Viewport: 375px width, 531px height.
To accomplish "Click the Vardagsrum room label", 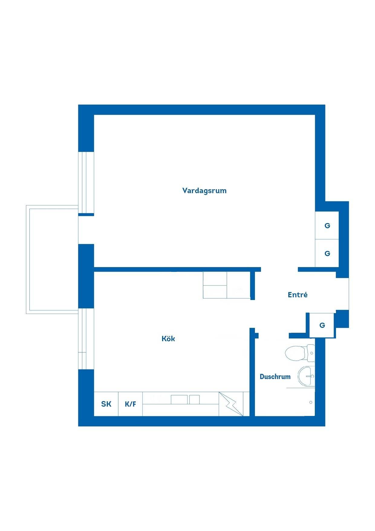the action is pos(204,191).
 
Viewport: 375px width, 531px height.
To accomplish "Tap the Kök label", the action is pos(168,338).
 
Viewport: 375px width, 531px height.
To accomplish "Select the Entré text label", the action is pos(298,295).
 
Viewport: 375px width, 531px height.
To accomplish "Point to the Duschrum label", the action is pos(275,377).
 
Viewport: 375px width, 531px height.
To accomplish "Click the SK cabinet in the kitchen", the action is pos(106,404).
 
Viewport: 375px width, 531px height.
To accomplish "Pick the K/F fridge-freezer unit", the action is pos(130,404).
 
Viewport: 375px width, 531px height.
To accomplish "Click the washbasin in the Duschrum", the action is pos(306,376).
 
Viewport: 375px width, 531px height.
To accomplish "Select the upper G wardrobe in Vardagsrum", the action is pos(327,226).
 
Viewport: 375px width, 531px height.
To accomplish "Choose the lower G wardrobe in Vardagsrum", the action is pos(327,253).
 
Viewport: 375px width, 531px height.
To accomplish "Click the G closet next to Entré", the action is pos(322,325).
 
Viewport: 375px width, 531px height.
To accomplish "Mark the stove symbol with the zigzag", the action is pos(231,404).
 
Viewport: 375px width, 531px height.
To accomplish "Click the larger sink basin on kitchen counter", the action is pos(179,400).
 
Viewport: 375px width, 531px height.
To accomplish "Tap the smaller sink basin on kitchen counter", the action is pos(194,400).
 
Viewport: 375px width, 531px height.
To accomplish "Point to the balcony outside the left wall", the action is pos(52,259).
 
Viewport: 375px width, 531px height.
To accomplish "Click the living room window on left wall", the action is pos(86,183).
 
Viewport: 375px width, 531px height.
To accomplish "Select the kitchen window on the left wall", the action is pos(86,339).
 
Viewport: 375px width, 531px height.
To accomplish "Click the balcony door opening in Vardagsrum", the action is pos(86,230).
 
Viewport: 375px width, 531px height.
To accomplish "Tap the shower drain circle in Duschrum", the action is pos(311,402).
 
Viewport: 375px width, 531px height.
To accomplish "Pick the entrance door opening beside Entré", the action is pos(342,294).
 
